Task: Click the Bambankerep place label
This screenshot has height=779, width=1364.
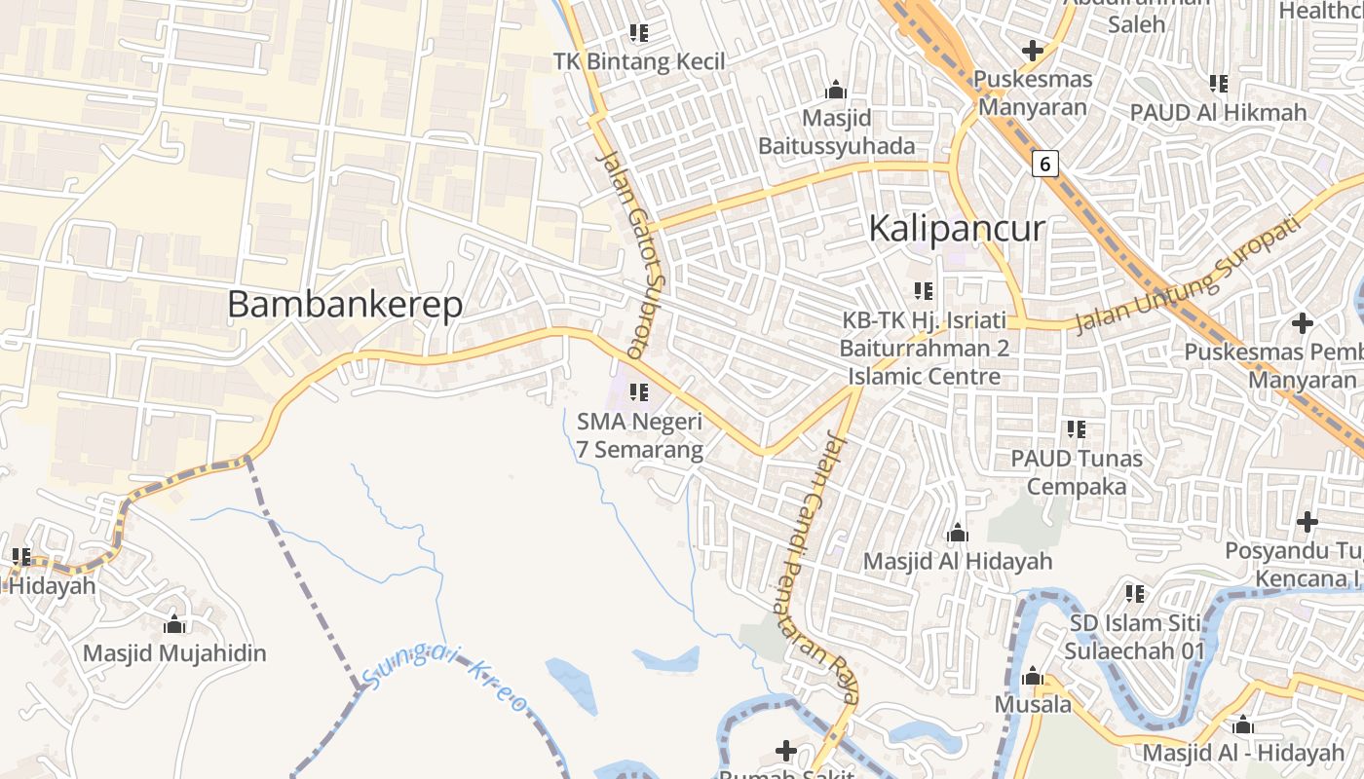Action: [345, 305]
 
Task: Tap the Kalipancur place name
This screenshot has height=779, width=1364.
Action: [956, 229]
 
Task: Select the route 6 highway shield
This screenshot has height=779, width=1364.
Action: [1044, 165]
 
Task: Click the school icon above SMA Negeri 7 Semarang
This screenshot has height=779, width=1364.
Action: [639, 392]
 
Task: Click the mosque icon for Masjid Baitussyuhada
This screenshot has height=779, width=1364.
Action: [835, 91]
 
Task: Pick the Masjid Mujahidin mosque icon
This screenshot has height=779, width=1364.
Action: [174, 624]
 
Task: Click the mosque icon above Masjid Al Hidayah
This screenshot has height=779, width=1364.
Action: [957, 534]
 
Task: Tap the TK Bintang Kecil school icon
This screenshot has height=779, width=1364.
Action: [639, 33]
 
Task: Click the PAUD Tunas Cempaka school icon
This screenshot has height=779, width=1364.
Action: [1076, 428]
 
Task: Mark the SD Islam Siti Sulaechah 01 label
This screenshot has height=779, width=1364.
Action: [1137, 637]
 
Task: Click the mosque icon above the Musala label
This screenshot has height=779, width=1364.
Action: [1033, 677]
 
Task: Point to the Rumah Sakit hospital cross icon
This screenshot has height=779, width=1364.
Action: [786, 751]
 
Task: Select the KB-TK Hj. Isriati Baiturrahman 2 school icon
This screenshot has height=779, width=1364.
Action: [924, 290]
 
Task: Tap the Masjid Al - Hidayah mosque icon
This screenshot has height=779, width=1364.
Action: [1242, 725]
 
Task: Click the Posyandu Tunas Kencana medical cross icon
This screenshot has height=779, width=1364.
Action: [1307, 522]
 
